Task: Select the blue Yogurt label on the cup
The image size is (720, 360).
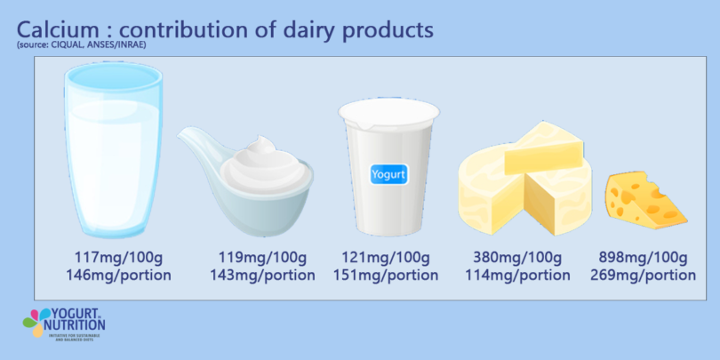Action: (388, 174)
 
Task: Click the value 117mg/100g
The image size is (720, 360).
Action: (118, 258)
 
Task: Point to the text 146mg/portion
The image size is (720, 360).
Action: (118, 276)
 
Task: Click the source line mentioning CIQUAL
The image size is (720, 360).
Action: (80, 44)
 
